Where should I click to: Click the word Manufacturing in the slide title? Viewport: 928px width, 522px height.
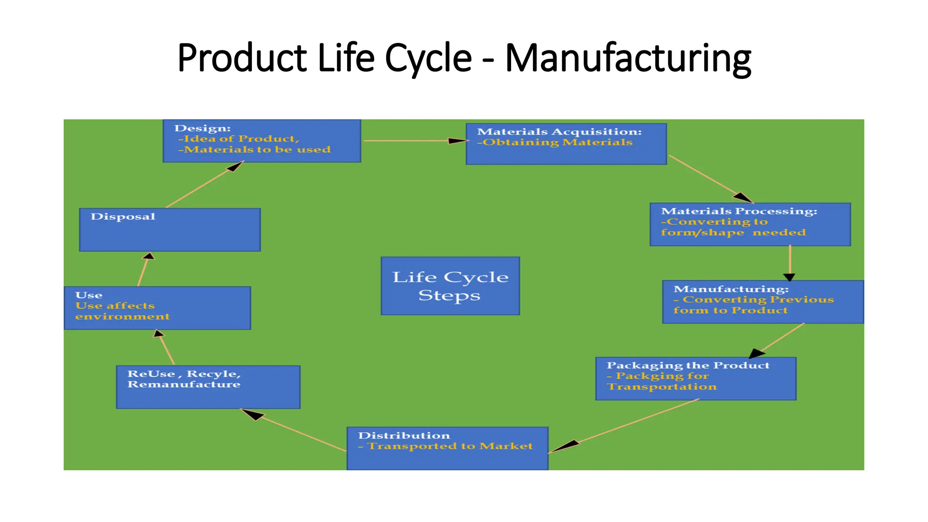click(x=628, y=59)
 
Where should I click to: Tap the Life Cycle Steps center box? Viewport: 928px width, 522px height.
click(x=450, y=286)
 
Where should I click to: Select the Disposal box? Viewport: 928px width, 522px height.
click(x=169, y=230)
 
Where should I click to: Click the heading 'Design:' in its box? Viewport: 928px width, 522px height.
click(x=203, y=128)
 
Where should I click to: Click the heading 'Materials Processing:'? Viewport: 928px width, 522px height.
click(x=739, y=211)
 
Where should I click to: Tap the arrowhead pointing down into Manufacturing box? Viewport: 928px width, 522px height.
click(x=789, y=277)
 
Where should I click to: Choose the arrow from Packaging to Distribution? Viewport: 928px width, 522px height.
click(x=625, y=426)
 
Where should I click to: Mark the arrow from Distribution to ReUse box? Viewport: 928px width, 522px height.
click(x=295, y=430)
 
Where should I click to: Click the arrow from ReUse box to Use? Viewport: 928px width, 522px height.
click(x=166, y=348)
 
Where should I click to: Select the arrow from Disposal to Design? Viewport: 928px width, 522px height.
click(x=204, y=185)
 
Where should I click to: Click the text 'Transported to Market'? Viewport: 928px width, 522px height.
click(x=450, y=446)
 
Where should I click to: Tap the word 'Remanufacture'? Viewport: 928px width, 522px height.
click(x=184, y=384)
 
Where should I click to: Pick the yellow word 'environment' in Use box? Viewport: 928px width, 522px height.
click(x=122, y=316)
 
